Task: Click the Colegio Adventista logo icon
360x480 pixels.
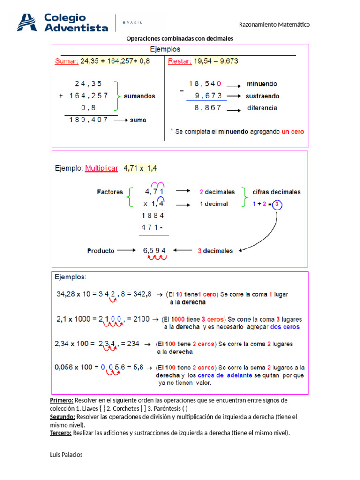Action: click(27, 22)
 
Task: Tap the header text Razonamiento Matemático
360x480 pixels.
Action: click(274, 24)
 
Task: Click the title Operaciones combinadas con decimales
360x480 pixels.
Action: click(180, 38)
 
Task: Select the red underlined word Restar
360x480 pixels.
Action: click(177, 61)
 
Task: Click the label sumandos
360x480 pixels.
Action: click(139, 96)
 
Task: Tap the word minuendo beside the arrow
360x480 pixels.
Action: click(262, 84)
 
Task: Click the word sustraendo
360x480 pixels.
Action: click(263, 96)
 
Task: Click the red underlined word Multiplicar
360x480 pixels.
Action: click(101, 168)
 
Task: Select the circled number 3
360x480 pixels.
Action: click(277, 204)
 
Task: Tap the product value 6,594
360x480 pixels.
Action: click(154, 250)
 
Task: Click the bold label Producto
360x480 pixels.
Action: click(100, 251)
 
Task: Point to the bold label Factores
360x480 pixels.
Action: click(110, 192)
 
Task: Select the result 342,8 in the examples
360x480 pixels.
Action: click(142, 294)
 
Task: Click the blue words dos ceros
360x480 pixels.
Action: click(285, 327)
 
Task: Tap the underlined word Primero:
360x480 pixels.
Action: click(61, 400)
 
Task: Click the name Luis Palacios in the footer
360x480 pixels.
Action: click(66, 454)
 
